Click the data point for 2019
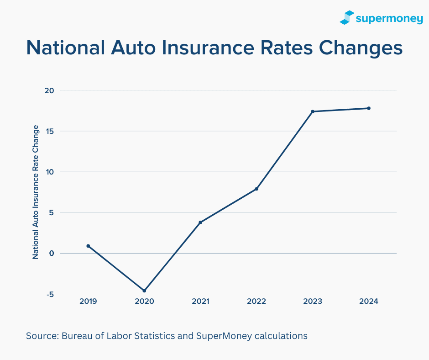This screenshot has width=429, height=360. tap(88, 246)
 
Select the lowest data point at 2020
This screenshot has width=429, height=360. tap(144, 291)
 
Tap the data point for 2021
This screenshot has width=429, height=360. tap(200, 222)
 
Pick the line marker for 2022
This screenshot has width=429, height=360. tap(256, 189)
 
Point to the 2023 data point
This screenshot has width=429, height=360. tap(313, 111)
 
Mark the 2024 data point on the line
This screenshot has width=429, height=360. tap(369, 108)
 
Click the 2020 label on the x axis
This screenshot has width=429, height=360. tap(144, 302)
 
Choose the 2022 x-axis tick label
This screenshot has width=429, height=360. tap(256, 302)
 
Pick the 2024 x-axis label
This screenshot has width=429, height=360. tap(369, 302)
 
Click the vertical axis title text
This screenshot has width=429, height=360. tap(36, 192)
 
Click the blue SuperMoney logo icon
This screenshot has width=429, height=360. tap(347, 17)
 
